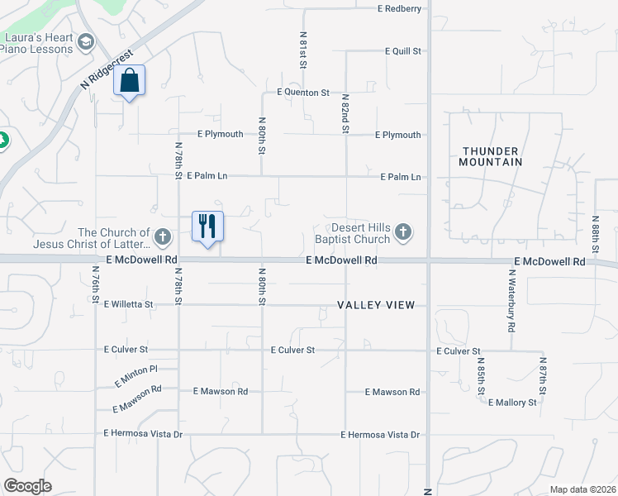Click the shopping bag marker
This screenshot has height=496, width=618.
click(x=129, y=81)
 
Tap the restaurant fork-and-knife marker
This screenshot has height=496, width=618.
click(x=207, y=226)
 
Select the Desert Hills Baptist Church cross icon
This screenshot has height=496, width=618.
click(x=402, y=232)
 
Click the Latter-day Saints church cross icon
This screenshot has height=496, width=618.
click(x=163, y=238)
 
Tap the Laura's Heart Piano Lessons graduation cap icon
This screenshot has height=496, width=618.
click(x=86, y=42)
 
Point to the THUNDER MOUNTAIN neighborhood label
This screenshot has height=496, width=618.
click(x=492, y=156)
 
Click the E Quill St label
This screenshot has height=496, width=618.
click(x=403, y=51)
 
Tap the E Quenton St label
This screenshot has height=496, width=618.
click(x=303, y=93)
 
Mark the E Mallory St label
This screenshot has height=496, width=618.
click(x=512, y=403)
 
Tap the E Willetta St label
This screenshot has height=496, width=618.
click(x=129, y=304)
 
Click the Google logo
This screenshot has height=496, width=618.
click(x=27, y=486)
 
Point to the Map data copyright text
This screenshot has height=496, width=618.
click(x=582, y=489)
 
